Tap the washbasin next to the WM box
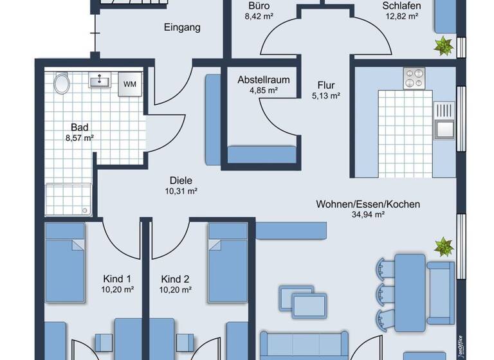(100, 81)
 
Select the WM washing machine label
(129, 84)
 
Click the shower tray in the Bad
(68, 200)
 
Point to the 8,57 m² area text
(80, 138)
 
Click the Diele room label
(181, 181)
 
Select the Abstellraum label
(263, 80)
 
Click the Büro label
(259, 6)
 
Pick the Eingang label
(182, 27)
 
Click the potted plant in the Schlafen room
(443, 45)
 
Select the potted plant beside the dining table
(443, 246)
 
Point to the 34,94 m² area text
(368, 215)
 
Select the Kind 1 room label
(117, 279)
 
